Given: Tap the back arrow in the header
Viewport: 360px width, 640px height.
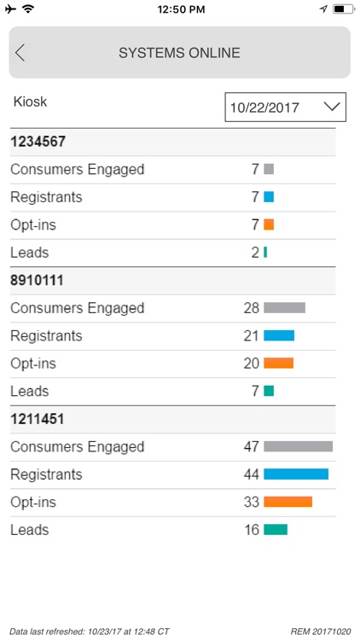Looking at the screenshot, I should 20,53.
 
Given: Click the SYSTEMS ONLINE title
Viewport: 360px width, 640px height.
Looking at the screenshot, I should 179,53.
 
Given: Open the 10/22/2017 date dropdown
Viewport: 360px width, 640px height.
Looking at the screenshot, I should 285,108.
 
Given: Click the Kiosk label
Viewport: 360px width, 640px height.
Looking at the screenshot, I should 31,102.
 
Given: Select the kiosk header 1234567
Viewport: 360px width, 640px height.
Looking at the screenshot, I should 38,143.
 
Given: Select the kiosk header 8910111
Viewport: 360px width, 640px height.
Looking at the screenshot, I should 38,281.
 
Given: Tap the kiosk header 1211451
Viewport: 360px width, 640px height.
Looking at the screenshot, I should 38,420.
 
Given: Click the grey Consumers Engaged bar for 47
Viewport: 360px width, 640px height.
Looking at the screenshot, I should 298,446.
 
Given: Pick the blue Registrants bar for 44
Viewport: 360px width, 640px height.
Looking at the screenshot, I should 296,474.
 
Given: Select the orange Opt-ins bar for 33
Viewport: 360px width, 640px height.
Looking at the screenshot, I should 287,502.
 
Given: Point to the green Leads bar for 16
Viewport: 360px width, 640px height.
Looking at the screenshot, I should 276,530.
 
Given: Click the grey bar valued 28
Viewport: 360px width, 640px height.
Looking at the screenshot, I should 284,308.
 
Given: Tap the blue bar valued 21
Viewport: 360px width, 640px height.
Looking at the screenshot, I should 279,336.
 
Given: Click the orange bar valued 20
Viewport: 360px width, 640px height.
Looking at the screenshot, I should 278,364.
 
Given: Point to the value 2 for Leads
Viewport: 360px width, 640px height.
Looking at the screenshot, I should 255,253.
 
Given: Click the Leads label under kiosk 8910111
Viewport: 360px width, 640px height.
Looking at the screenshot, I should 29,392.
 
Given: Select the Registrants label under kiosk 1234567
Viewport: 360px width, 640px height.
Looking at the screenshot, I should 46,197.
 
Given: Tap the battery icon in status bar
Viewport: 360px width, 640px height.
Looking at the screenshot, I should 343,9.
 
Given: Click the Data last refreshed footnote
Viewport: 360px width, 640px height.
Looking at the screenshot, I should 90,631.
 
